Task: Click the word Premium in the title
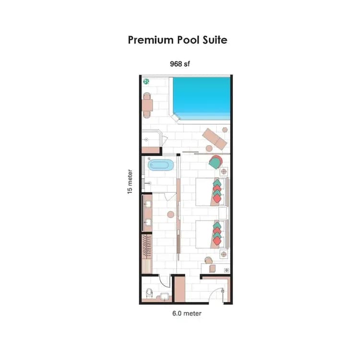(149, 39)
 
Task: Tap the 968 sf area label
(180, 63)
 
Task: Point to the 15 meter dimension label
(130, 181)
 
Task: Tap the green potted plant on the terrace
(145, 82)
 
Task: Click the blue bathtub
(159, 166)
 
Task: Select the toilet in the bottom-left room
(150, 292)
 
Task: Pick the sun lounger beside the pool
(214, 138)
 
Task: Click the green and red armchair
(216, 161)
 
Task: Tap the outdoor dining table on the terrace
(147, 105)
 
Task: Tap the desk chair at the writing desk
(207, 261)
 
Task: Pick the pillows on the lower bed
(217, 232)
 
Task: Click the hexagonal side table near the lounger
(225, 129)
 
